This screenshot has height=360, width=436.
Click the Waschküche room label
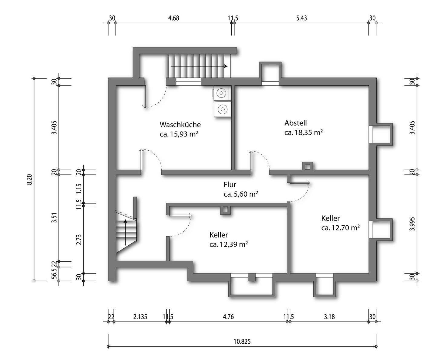point(180,125)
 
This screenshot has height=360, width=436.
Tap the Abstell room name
point(296,123)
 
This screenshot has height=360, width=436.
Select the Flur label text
point(230,185)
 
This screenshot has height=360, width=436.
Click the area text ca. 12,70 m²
point(340,228)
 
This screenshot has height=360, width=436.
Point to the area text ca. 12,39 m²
point(229,244)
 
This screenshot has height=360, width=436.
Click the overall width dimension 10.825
point(242,342)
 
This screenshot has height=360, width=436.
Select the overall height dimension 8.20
point(30,179)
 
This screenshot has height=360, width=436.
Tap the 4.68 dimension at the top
point(174,18)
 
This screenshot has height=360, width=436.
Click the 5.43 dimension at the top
point(302,18)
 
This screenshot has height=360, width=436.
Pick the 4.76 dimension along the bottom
point(228,317)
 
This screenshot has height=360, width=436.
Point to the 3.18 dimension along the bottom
point(329,317)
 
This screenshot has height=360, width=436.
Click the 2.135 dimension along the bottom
point(140,317)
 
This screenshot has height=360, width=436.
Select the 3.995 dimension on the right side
point(412,224)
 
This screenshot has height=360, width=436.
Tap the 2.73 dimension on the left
point(79,240)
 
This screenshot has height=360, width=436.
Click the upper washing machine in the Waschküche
point(222,93)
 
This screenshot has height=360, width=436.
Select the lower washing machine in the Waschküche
point(223,109)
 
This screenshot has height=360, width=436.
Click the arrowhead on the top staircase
point(226,66)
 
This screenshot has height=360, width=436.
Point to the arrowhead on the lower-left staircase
point(125,221)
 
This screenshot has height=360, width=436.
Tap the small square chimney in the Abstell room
point(307,167)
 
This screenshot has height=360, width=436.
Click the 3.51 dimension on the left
point(54,218)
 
